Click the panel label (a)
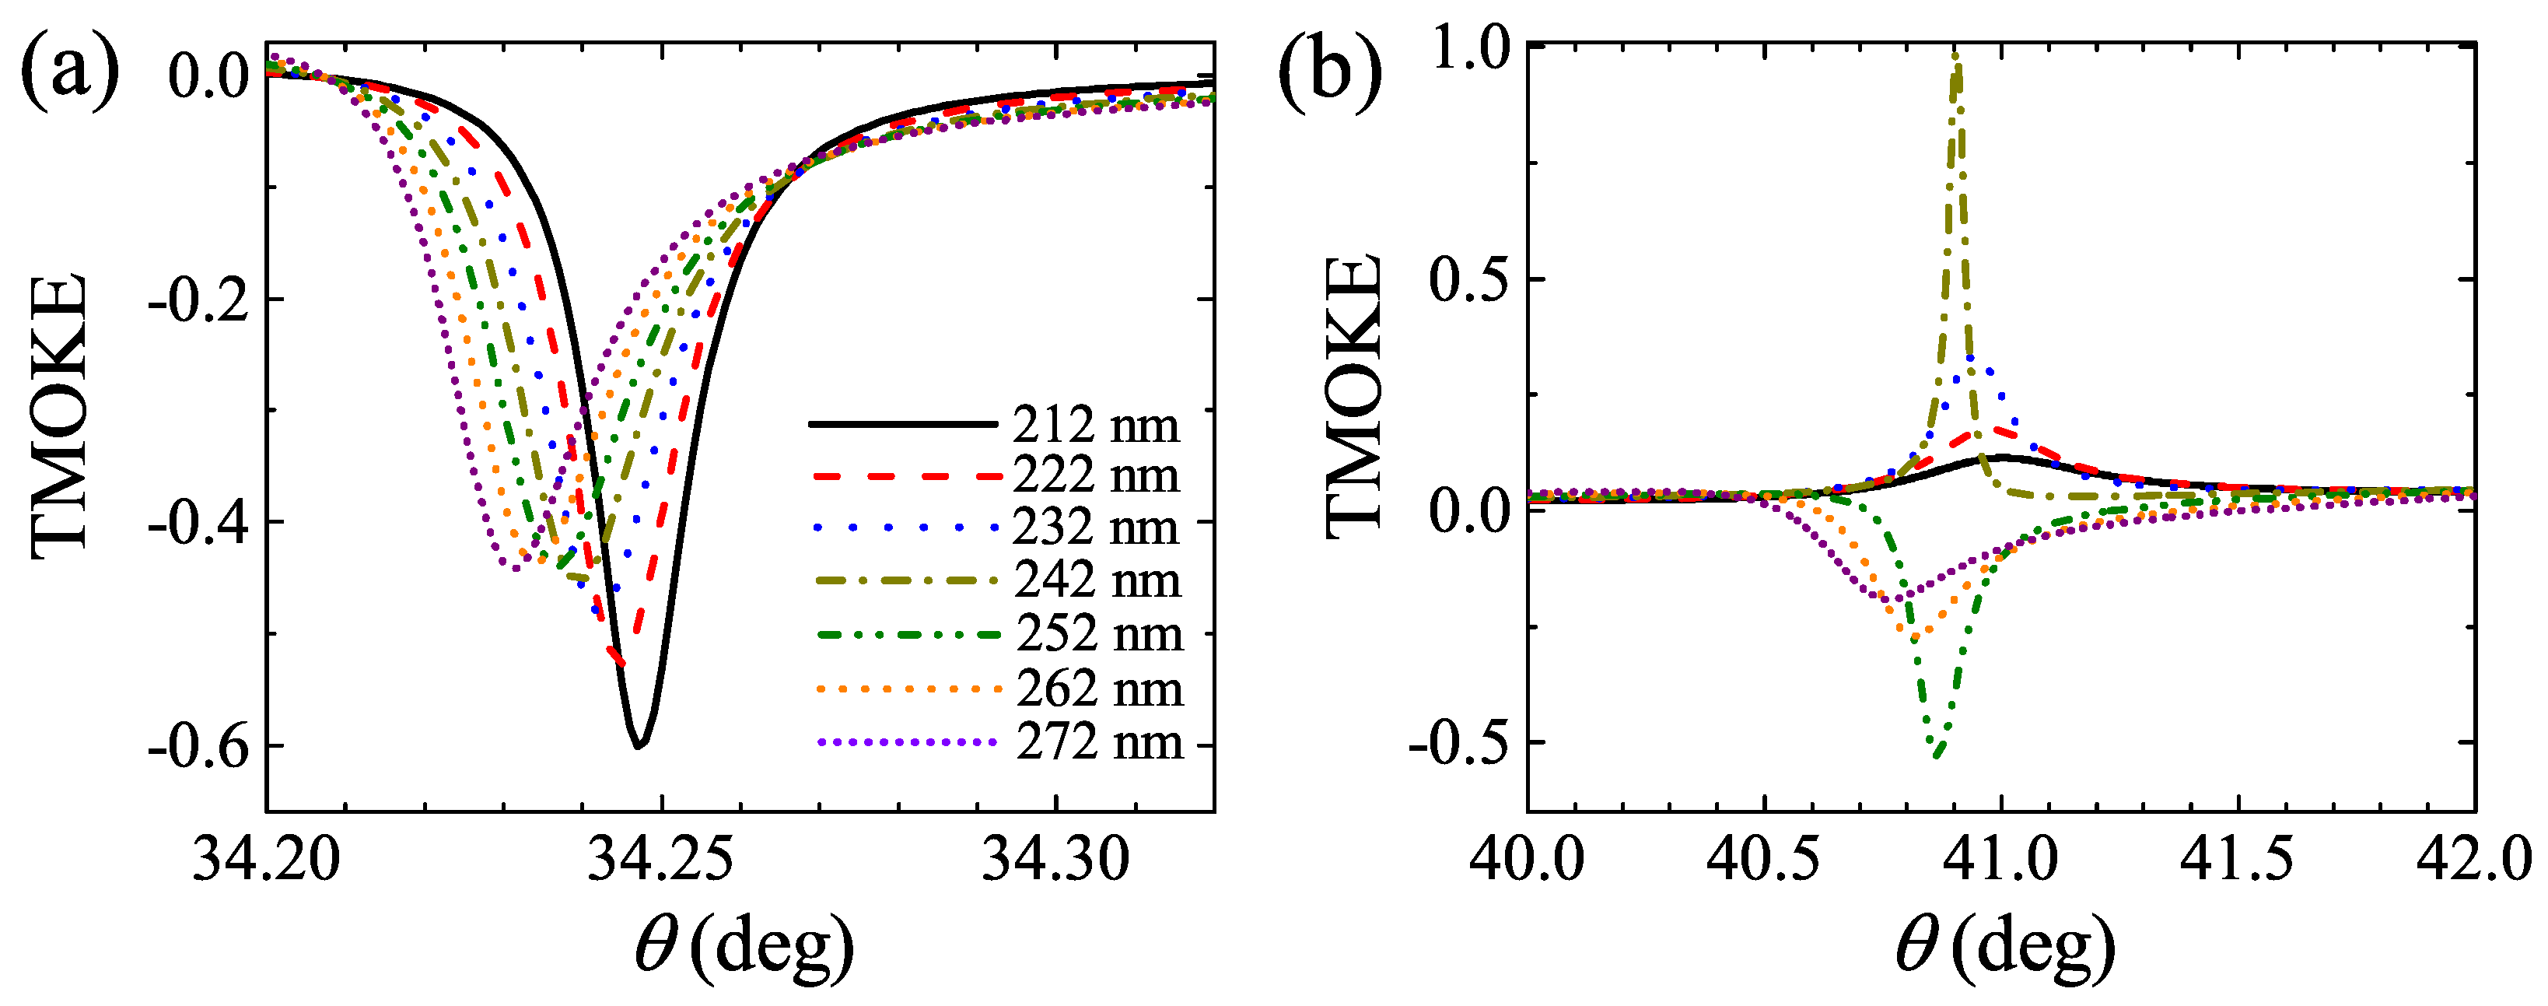coord(69,72)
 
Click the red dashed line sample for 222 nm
coord(906,477)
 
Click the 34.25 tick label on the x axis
coord(662,859)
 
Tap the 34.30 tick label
coord(1055,859)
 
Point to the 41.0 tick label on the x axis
coord(2002,859)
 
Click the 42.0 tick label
coord(2473,859)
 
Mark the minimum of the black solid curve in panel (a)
coord(639,745)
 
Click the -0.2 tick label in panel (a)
coord(198,300)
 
